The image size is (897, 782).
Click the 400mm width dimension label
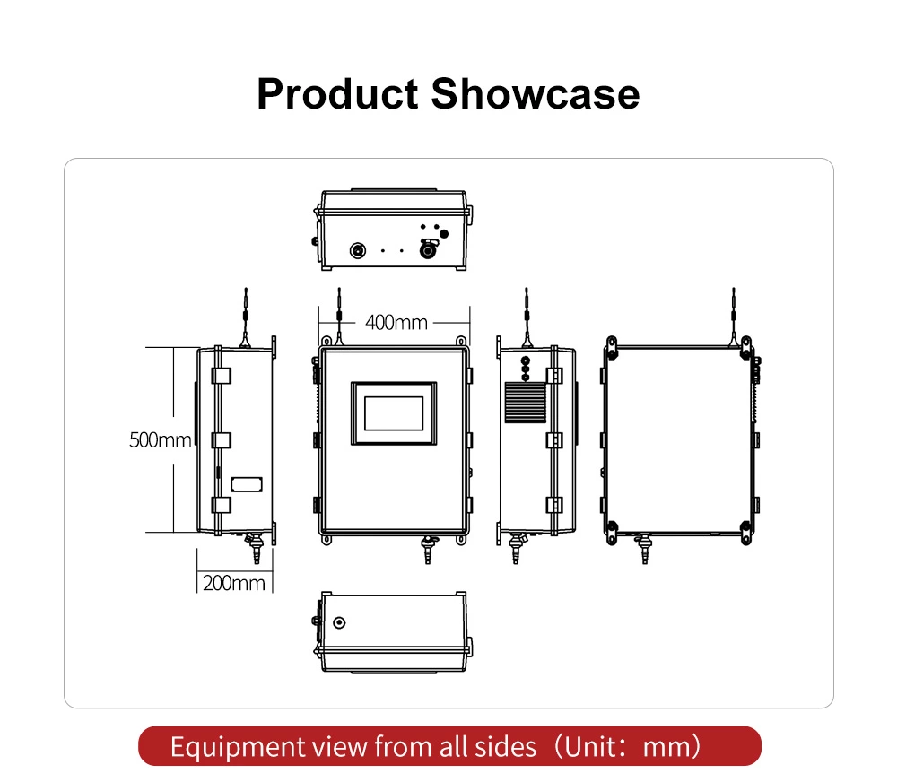396,323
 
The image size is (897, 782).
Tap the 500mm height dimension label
161,440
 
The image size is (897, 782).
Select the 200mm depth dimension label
234,583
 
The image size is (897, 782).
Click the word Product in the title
337,94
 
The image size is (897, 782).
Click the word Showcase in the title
535,94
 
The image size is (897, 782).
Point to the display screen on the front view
394,413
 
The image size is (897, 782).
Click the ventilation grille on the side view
525,403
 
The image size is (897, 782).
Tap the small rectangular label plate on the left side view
247,484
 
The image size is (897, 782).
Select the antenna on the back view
734,317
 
